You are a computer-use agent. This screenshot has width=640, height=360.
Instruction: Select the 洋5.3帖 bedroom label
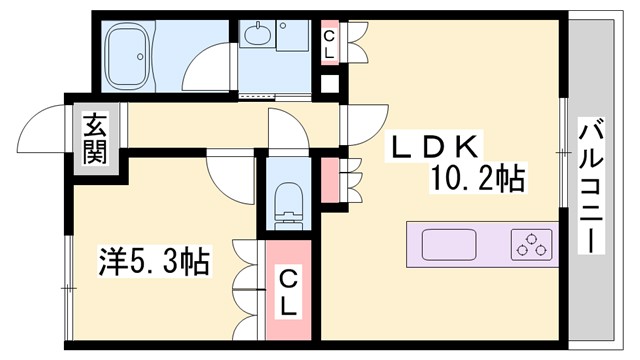(x=154, y=264)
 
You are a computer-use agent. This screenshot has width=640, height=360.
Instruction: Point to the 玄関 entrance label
(x=95, y=139)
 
